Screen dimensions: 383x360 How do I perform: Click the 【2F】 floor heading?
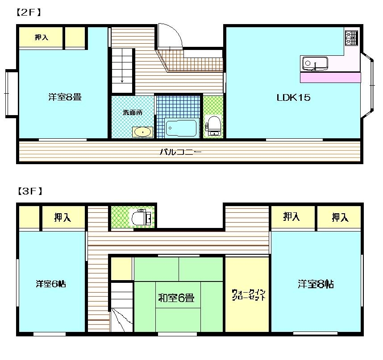(29, 12)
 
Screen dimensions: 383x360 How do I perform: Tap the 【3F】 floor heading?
(30, 191)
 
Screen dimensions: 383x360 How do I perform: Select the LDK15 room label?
(293, 98)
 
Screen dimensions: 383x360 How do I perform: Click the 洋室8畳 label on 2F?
(65, 97)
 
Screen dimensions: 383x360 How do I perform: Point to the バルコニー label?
(181, 152)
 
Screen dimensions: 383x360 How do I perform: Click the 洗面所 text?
(133, 112)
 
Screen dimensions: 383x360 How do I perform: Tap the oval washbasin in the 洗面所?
(143, 132)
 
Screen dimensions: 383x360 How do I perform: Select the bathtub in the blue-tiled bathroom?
(181, 128)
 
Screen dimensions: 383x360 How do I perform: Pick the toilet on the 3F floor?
(142, 217)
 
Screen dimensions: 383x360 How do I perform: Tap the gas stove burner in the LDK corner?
(351, 38)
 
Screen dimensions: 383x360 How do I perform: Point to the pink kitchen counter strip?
(330, 77)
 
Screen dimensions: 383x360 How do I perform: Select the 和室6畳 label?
(176, 298)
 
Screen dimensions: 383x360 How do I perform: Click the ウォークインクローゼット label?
(248, 295)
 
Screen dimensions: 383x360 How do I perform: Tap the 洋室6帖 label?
(51, 284)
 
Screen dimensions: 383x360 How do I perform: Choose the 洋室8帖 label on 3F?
(316, 284)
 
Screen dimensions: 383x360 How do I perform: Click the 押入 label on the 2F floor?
(42, 37)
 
